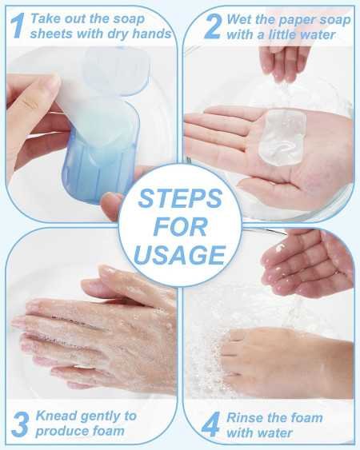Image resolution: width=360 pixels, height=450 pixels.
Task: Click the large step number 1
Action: click(17, 25)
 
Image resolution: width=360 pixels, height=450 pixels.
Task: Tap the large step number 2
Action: click(211, 25)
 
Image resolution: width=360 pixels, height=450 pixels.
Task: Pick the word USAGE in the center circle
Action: click(179, 255)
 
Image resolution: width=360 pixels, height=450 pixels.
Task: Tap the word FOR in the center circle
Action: click(179, 227)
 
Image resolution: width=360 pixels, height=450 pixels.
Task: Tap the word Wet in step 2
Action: click(240, 18)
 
